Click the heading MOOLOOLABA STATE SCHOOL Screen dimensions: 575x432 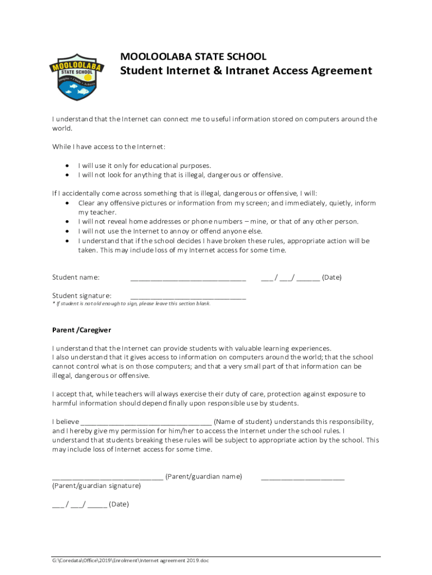tap(194, 57)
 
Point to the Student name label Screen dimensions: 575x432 tap(76, 277)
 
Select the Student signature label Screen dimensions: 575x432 tap(82, 296)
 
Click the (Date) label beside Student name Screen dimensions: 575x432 tap(332, 277)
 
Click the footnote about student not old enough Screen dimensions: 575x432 tap(131, 304)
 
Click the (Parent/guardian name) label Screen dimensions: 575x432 tap(204, 477)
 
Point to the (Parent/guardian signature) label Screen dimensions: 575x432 tap(96, 486)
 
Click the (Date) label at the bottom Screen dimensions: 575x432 tap(118, 504)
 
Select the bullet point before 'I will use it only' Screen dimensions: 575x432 tap(67, 166)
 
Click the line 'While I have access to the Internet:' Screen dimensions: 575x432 tap(109, 147)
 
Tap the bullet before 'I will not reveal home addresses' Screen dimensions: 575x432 tap(67, 222)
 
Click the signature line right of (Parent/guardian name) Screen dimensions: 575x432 tap(302, 478)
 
